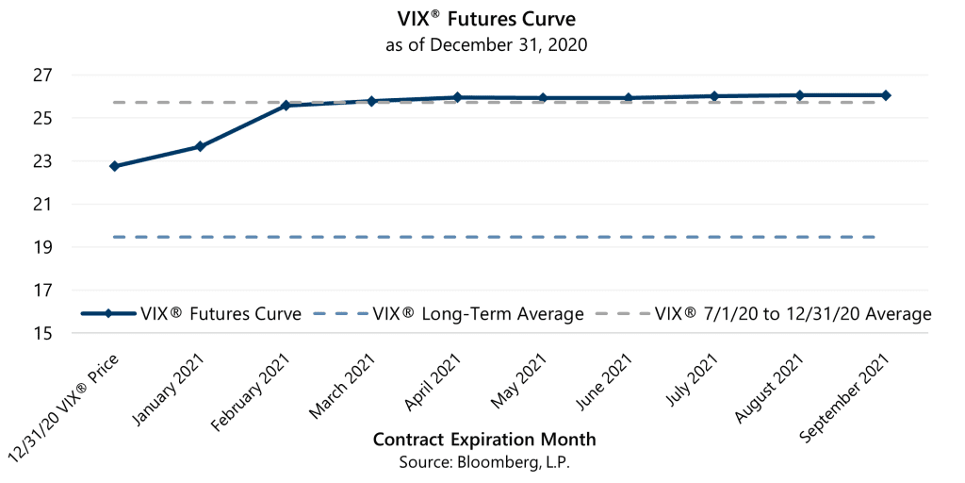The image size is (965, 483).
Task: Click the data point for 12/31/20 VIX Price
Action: (x=114, y=166)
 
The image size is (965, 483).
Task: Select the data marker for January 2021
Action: (x=200, y=146)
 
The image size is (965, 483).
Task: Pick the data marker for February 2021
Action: (x=286, y=106)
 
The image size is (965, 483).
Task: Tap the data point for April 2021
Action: (x=457, y=97)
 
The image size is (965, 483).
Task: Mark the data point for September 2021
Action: (x=886, y=95)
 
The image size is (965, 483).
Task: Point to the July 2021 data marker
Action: (x=714, y=96)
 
